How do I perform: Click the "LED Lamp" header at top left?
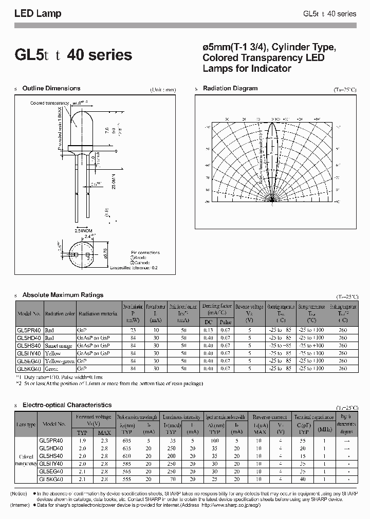coord(38,14)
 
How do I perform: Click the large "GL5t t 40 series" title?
coord(73,55)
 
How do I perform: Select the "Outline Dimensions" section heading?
coord(51,89)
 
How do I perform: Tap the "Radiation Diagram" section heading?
coord(230,89)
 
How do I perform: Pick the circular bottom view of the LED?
coord(82,255)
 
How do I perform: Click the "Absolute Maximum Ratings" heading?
coord(63,295)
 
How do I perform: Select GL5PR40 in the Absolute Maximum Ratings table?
coord(29,331)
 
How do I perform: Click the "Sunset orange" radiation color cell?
coord(60,346)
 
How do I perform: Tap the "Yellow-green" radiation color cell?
coord(60,361)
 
